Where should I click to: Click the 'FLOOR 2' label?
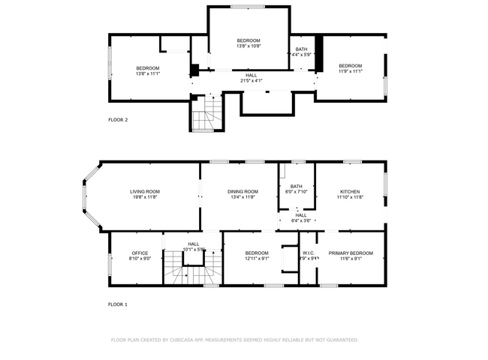click(118, 120)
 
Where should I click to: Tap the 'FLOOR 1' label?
click(118, 304)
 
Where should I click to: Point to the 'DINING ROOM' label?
click(242, 191)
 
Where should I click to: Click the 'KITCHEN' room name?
click(350, 191)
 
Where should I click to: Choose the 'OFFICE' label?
click(140, 253)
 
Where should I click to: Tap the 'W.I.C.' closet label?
click(308, 253)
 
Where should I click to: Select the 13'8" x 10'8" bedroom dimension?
click(249, 46)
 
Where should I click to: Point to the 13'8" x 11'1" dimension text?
click(148, 73)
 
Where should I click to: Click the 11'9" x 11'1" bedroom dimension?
click(350, 72)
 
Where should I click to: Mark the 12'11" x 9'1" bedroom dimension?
click(257, 259)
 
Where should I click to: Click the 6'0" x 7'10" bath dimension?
click(297, 192)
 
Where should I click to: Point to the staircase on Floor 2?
click(206, 115)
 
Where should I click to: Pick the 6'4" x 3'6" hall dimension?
click(300, 220)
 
